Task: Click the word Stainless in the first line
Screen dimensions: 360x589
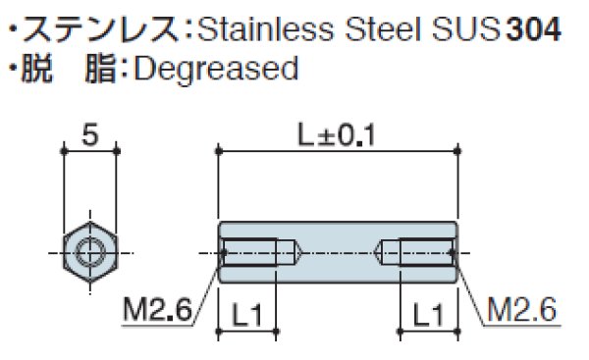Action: pyautogui.click(x=257, y=29)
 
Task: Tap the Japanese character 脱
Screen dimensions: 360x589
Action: pyautogui.click(x=40, y=70)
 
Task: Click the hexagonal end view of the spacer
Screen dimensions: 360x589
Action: pyautogui.click(x=89, y=251)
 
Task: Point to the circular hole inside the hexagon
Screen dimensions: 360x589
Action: pyautogui.click(x=89, y=251)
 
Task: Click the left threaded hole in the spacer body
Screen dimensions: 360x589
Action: pyautogui.click(x=259, y=252)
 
